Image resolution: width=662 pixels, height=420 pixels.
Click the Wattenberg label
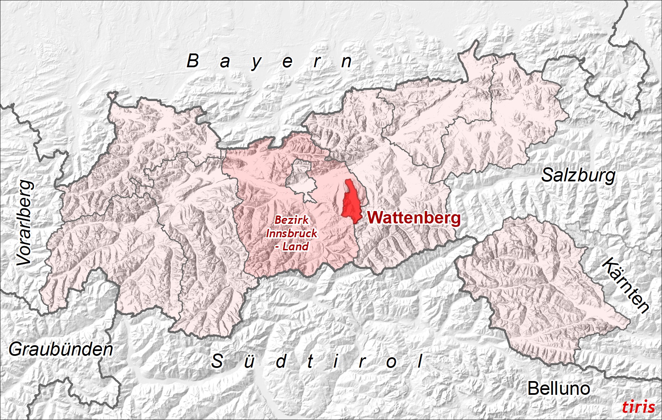[x=414, y=218]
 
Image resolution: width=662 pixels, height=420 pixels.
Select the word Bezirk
[x=292, y=220]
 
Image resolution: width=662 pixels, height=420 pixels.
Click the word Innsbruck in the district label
[x=292, y=233]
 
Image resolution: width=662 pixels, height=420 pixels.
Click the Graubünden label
[x=61, y=349]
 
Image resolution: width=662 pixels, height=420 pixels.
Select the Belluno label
[x=559, y=389]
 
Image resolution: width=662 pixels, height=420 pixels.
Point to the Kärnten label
[x=625, y=285]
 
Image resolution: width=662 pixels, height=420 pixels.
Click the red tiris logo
[x=638, y=407]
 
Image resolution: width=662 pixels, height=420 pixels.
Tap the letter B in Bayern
[x=193, y=61]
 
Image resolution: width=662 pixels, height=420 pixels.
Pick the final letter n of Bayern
[x=346, y=62]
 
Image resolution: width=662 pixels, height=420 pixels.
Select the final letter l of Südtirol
[x=420, y=361]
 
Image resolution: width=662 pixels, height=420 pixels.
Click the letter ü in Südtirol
[x=249, y=361]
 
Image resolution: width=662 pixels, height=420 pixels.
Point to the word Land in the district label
[x=295, y=247]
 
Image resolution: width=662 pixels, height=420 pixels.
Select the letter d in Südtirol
[x=281, y=361]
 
